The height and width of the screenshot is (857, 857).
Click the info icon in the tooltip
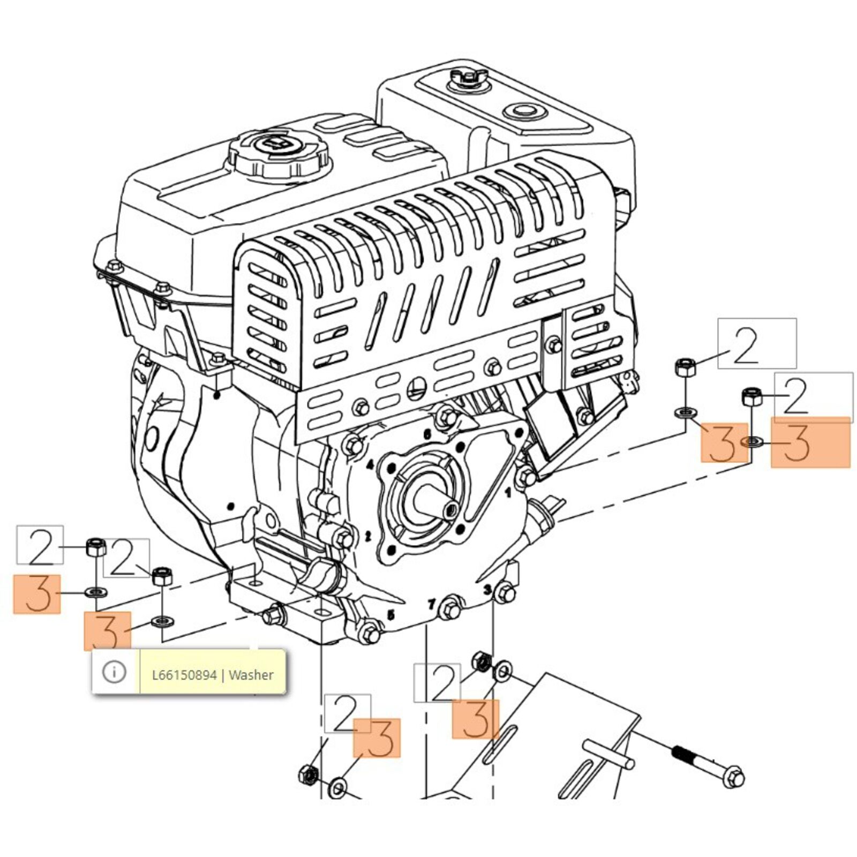click(114, 672)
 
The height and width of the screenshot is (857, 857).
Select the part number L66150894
click(184, 675)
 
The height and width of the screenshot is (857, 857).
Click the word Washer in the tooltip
click(251, 675)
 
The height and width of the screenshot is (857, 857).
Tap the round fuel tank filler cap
click(279, 153)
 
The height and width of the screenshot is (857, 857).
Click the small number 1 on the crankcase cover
click(509, 492)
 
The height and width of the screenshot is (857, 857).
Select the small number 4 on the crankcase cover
click(370, 465)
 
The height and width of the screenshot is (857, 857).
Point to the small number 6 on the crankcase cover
click(427, 435)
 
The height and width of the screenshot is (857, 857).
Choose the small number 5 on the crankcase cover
click(391, 615)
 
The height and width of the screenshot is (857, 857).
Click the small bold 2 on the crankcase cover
click(368, 536)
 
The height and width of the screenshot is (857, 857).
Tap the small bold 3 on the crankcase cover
click(487, 590)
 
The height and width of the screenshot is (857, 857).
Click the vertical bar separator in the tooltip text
click(223, 675)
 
